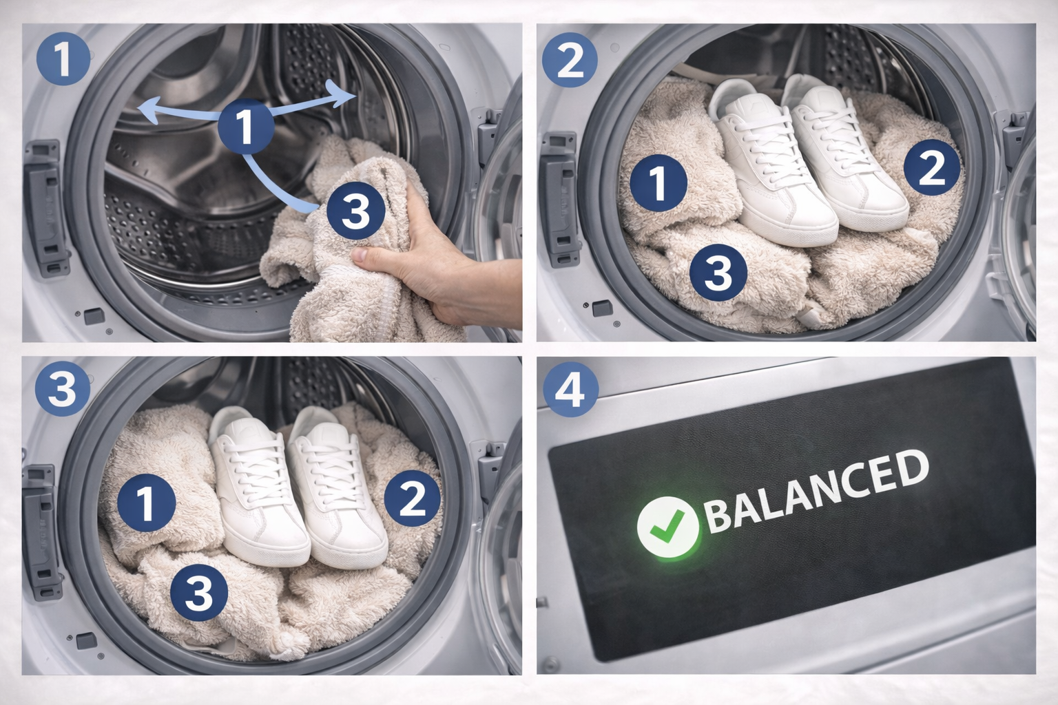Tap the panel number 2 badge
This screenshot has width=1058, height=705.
(x=570, y=60)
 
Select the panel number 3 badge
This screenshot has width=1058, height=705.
(x=63, y=388)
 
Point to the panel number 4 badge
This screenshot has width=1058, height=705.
(x=571, y=390)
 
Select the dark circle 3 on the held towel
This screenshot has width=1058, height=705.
(x=355, y=211)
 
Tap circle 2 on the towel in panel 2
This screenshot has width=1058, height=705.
(x=932, y=167)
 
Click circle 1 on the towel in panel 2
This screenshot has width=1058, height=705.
(x=658, y=182)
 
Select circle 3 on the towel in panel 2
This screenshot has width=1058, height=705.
(x=718, y=273)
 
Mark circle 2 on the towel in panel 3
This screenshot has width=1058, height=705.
(x=412, y=498)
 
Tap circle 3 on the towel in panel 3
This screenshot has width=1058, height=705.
(x=199, y=593)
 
